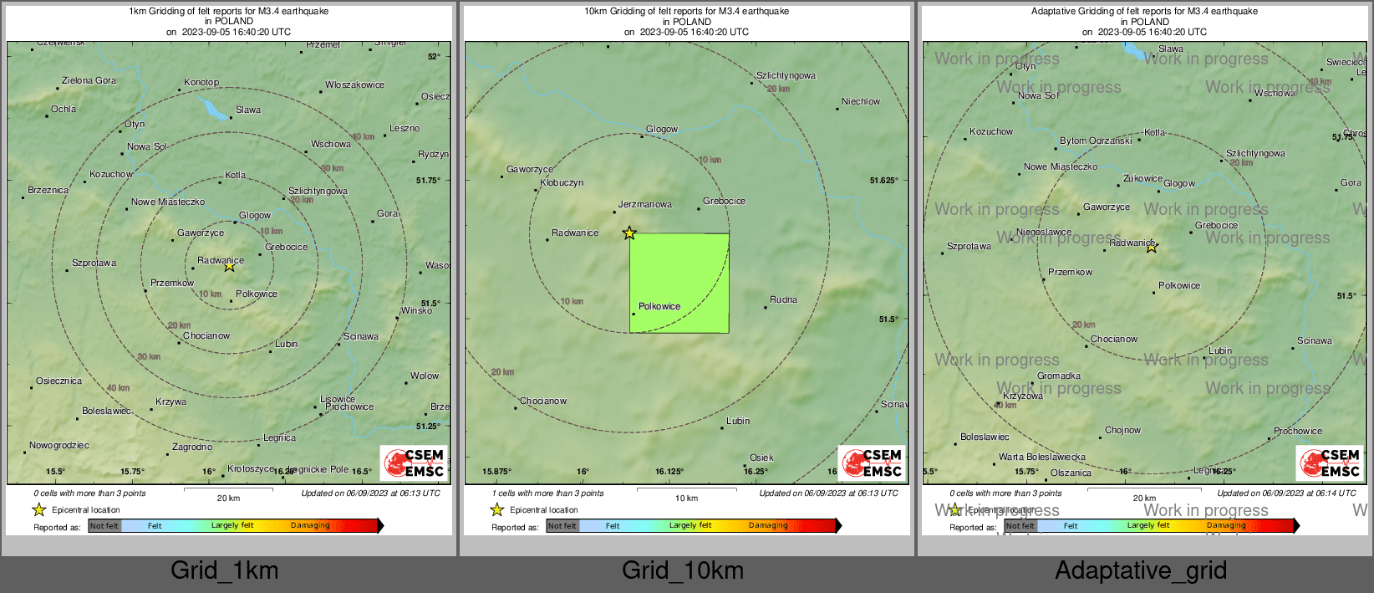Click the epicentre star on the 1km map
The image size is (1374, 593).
coord(229,266)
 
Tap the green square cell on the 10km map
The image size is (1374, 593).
coord(679,283)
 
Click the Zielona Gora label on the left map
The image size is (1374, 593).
coord(89,81)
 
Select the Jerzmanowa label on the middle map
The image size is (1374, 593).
coord(645,204)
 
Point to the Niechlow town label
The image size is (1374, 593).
coord(861,102)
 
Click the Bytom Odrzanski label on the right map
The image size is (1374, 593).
coord(1096,141)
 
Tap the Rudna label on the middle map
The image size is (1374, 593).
coord(783,299)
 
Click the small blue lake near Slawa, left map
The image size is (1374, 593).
coord(213,110)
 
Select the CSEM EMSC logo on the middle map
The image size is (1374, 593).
coord(872,463)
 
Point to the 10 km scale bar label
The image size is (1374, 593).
coord(686,498)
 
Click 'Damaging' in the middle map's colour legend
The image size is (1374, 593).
coord(768,526)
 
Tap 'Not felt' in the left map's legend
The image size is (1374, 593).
coord(104,526)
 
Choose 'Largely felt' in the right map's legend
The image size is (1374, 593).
coord(1148,526)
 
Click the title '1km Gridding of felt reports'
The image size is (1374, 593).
coord(229,12)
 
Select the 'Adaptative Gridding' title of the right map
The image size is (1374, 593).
coord(1144,12)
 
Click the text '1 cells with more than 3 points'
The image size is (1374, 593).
coord(547,493)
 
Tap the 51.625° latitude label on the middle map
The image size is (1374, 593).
coord(883,181)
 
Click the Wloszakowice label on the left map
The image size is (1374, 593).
coord(355,84)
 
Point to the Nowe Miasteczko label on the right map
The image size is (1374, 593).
coord(1061,167)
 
